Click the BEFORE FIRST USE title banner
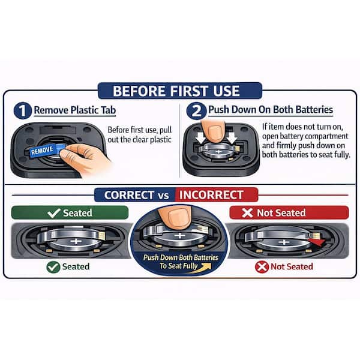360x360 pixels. click(x=180, y=91)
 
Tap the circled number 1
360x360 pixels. click(x=23, y=110)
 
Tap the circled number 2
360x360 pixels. click(x=196, y=110)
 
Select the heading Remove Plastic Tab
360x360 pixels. click(x=75, y=110)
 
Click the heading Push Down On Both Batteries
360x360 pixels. click(x=271, y=110)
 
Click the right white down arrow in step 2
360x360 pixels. click(x=232, y=137)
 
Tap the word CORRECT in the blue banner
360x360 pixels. click(x=129, y=195)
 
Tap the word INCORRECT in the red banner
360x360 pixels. click(x=211, y=195)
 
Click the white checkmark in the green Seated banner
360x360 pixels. click(x=54, y=213)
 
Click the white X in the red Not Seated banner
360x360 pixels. click(x=247, y=213)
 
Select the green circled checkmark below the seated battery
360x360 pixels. click(x=53, y=267)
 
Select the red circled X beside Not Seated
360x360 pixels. click(x=262, y=267)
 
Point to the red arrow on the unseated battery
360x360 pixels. click(x=317, y=242)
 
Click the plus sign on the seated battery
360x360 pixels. click(x=76, y=241)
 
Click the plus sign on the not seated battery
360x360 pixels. click(x=284, y=242)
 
